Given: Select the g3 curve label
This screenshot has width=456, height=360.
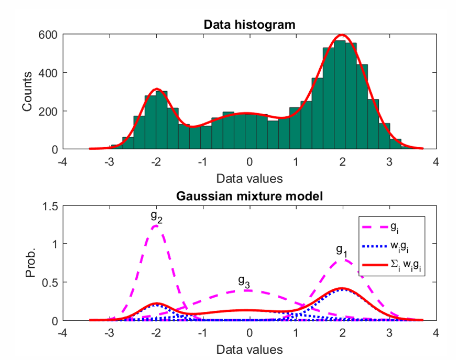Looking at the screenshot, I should pyautogui.click(x=244, y=281).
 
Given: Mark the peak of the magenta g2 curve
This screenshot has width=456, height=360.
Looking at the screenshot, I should pyautogui.click(x=156, y=226).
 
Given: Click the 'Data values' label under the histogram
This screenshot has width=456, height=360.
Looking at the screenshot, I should pyautogui.click(x=249, y=178).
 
